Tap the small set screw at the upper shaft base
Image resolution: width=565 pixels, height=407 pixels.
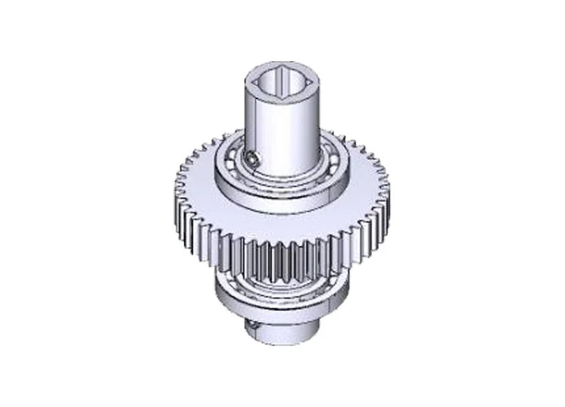pos(254,160)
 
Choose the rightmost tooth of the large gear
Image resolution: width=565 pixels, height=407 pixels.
pos(388,195)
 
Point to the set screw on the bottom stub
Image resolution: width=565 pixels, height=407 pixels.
pos(252,325)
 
